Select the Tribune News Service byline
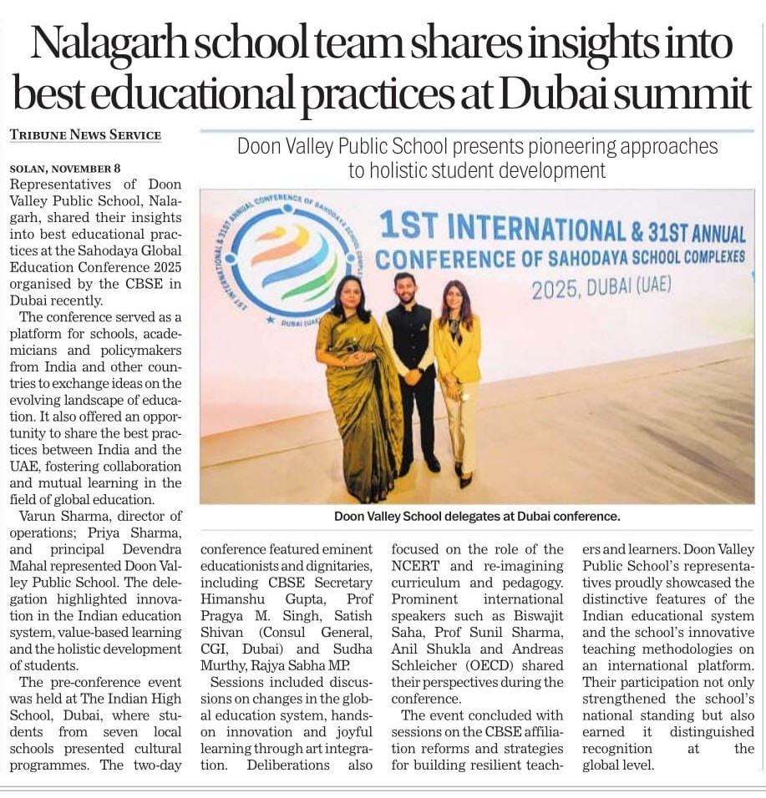pyautogui.click(x=85, y=135)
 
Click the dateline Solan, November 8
pyautogui.click(x=65, y=168)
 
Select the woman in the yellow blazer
pyautogui.click(x=458, y=376)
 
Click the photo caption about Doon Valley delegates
pyautogui.click(x=477, y=517)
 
